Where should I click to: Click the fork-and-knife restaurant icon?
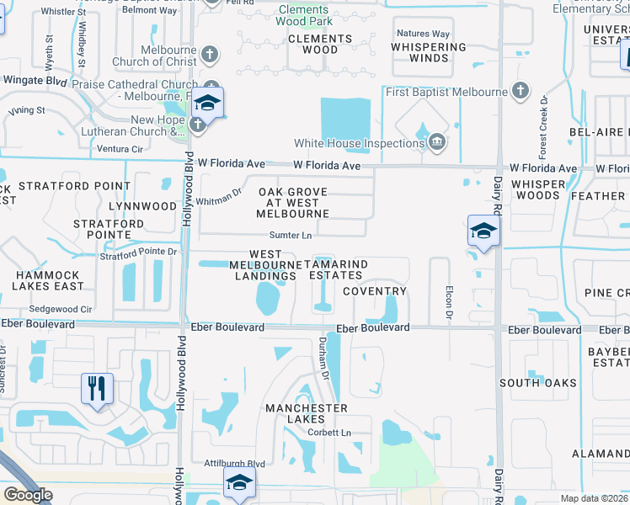point(97,389)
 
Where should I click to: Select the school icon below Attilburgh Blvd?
point(239,483)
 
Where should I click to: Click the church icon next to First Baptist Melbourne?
point(521,90)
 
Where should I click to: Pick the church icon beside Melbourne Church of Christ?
point(211,56)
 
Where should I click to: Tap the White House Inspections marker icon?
point(436,143)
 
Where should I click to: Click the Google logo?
point(28,495)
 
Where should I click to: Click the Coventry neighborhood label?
point(375,291)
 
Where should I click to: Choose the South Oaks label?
point(537,383)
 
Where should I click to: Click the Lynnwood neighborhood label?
point(148,206)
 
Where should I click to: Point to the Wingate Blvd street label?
point(35,81)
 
